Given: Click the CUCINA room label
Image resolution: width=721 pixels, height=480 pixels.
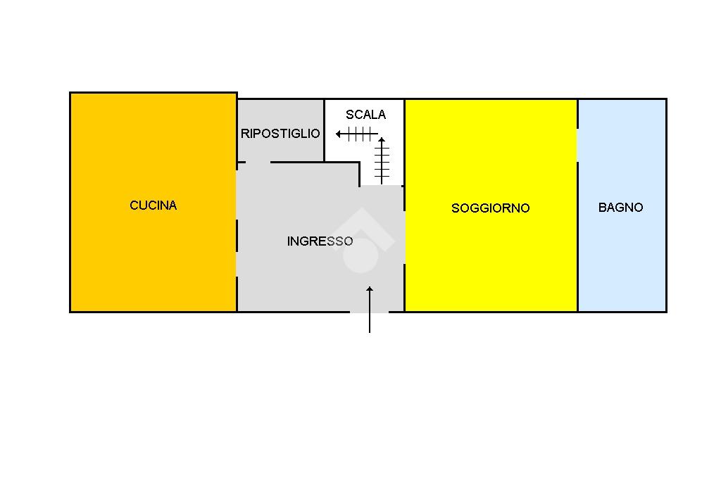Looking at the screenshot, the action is tap(153, 206).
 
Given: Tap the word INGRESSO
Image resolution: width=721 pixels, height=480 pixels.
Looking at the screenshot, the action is tap(320, 241).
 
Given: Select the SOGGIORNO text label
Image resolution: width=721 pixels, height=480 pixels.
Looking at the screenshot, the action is tap(490, 208).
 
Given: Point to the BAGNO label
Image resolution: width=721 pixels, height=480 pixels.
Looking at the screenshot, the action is tap(620, 208).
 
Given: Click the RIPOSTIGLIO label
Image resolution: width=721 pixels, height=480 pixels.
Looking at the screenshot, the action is tap(280, 134).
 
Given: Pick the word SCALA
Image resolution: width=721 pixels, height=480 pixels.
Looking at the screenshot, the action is tap(365, 115).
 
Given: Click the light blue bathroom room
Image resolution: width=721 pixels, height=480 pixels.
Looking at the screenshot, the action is tap(622, 260).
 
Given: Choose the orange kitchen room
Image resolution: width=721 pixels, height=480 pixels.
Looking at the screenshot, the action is tap(153, 260).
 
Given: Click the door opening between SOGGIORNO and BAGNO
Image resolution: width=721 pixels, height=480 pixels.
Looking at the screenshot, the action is tap(577, 145).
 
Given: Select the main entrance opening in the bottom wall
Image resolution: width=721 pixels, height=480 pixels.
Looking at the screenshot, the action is tap(369, 312).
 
